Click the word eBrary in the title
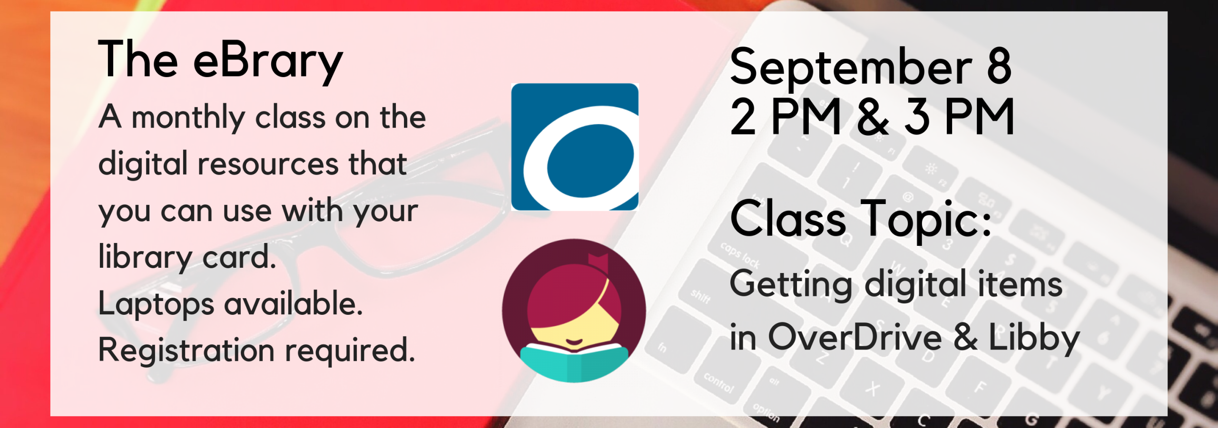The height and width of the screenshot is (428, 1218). coord(268,62)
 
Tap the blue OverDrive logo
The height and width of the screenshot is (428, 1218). coord(575,147)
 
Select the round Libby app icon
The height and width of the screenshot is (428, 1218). coord(574,311)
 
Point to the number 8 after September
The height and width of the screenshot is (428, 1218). coord(999,67)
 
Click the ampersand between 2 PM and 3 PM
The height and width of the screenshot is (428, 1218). coord(873,117)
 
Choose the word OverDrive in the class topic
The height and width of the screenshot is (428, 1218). coord(855,337)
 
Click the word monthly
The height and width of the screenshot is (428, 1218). coord(188,118)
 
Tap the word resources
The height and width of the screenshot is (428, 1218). coord(267,164)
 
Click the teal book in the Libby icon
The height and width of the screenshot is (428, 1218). coord(574,364)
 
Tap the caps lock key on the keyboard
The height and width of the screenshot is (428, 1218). coord(739,255)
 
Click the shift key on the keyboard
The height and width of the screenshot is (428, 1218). coord(700,296)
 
